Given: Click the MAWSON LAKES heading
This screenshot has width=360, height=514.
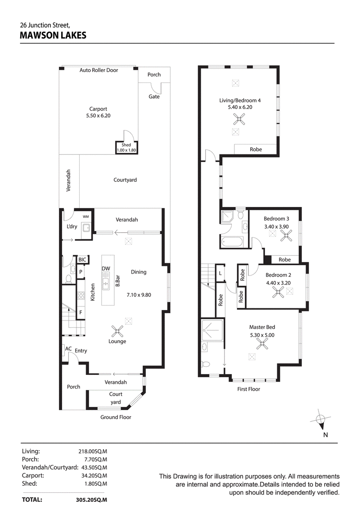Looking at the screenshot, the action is pos(53,36).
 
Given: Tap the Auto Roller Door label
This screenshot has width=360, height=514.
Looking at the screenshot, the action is pos(99,70).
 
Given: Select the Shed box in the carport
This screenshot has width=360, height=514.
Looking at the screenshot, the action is pos(126,148).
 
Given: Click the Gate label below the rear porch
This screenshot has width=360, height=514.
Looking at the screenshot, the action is pos(154,97).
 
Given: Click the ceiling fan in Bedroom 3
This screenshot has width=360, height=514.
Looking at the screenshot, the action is pos(286,235).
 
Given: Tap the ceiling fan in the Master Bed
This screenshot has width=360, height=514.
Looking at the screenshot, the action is pos(262,344).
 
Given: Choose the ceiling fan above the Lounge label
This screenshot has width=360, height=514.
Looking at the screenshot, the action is pos(117,331).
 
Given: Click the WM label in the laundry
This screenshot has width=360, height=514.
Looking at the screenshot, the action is pos(85,216).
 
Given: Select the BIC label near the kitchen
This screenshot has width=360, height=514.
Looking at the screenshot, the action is pos(82,260).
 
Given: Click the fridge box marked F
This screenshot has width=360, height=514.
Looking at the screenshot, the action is pos(81,312).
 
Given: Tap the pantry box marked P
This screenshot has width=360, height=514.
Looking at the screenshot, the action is pos(81,272).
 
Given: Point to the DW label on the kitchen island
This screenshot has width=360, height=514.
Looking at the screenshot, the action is pos(106,269).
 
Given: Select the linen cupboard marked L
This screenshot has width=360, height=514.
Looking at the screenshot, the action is pos(220,273).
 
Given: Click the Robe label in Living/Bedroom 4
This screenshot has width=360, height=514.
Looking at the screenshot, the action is pos(256,149).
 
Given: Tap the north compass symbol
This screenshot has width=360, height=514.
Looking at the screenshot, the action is pos(320,419).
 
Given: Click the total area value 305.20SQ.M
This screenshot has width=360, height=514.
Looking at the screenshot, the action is pos(91,500).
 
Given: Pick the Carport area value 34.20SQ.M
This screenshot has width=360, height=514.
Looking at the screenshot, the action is pos(94,476).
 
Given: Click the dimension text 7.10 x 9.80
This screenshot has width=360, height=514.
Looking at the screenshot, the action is pos(139,295).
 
